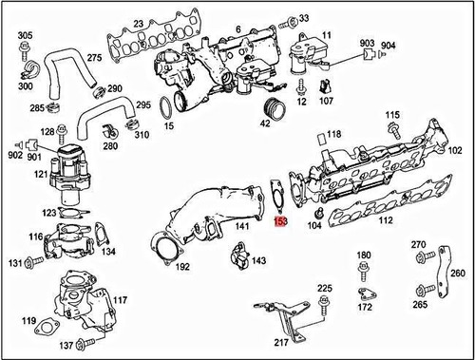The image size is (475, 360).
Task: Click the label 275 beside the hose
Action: point(94,59)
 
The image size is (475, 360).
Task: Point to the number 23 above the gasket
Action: point(138,23)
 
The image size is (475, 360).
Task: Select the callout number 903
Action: point(367,45)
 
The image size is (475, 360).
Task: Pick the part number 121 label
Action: point(42,175)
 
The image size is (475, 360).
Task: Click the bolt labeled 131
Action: point(26,261)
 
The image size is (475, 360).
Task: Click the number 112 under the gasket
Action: point(385,221)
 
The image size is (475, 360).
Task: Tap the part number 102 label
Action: point(455,150)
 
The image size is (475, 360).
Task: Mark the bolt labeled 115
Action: point(392,134)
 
